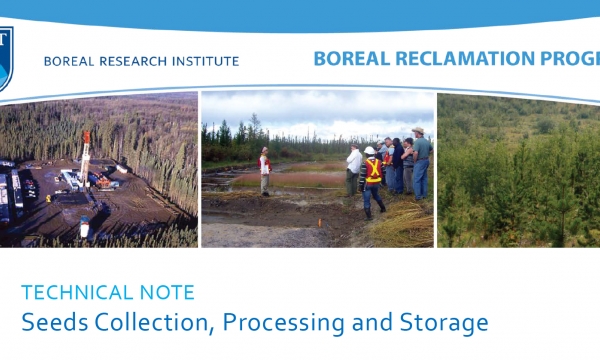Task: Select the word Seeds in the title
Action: pyautogui.click(x=47, y=323)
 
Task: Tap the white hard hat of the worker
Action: pyautogui.click(x=369, y=151)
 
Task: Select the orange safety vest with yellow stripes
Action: pyautogui.click(x=373, y=171)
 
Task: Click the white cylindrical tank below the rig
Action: pyautogui.click(x=85, y=229)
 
